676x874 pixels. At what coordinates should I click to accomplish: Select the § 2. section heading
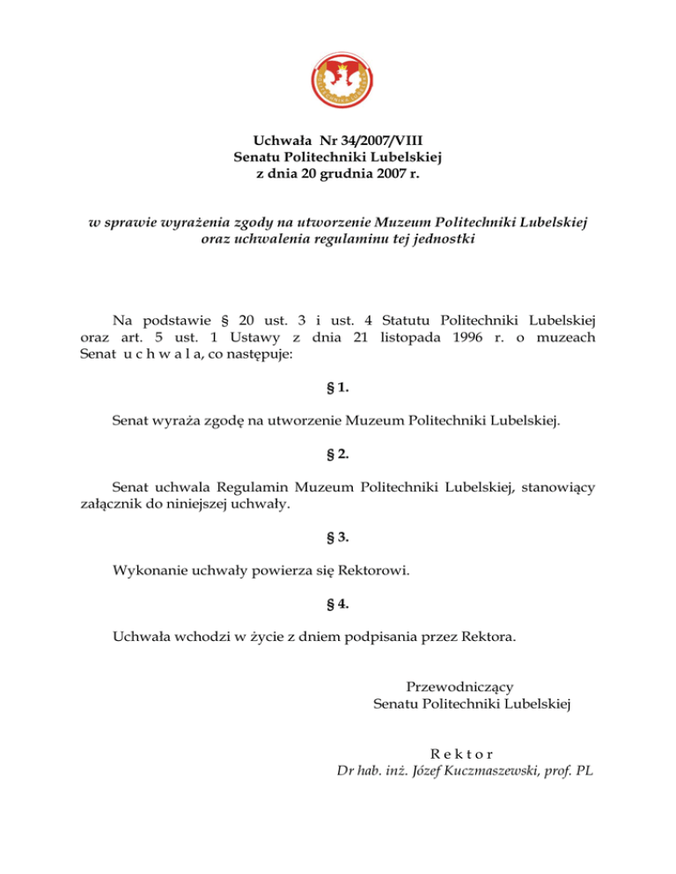[x=338, y=455]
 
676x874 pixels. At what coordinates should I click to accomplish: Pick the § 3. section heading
[x=338, y=538]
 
